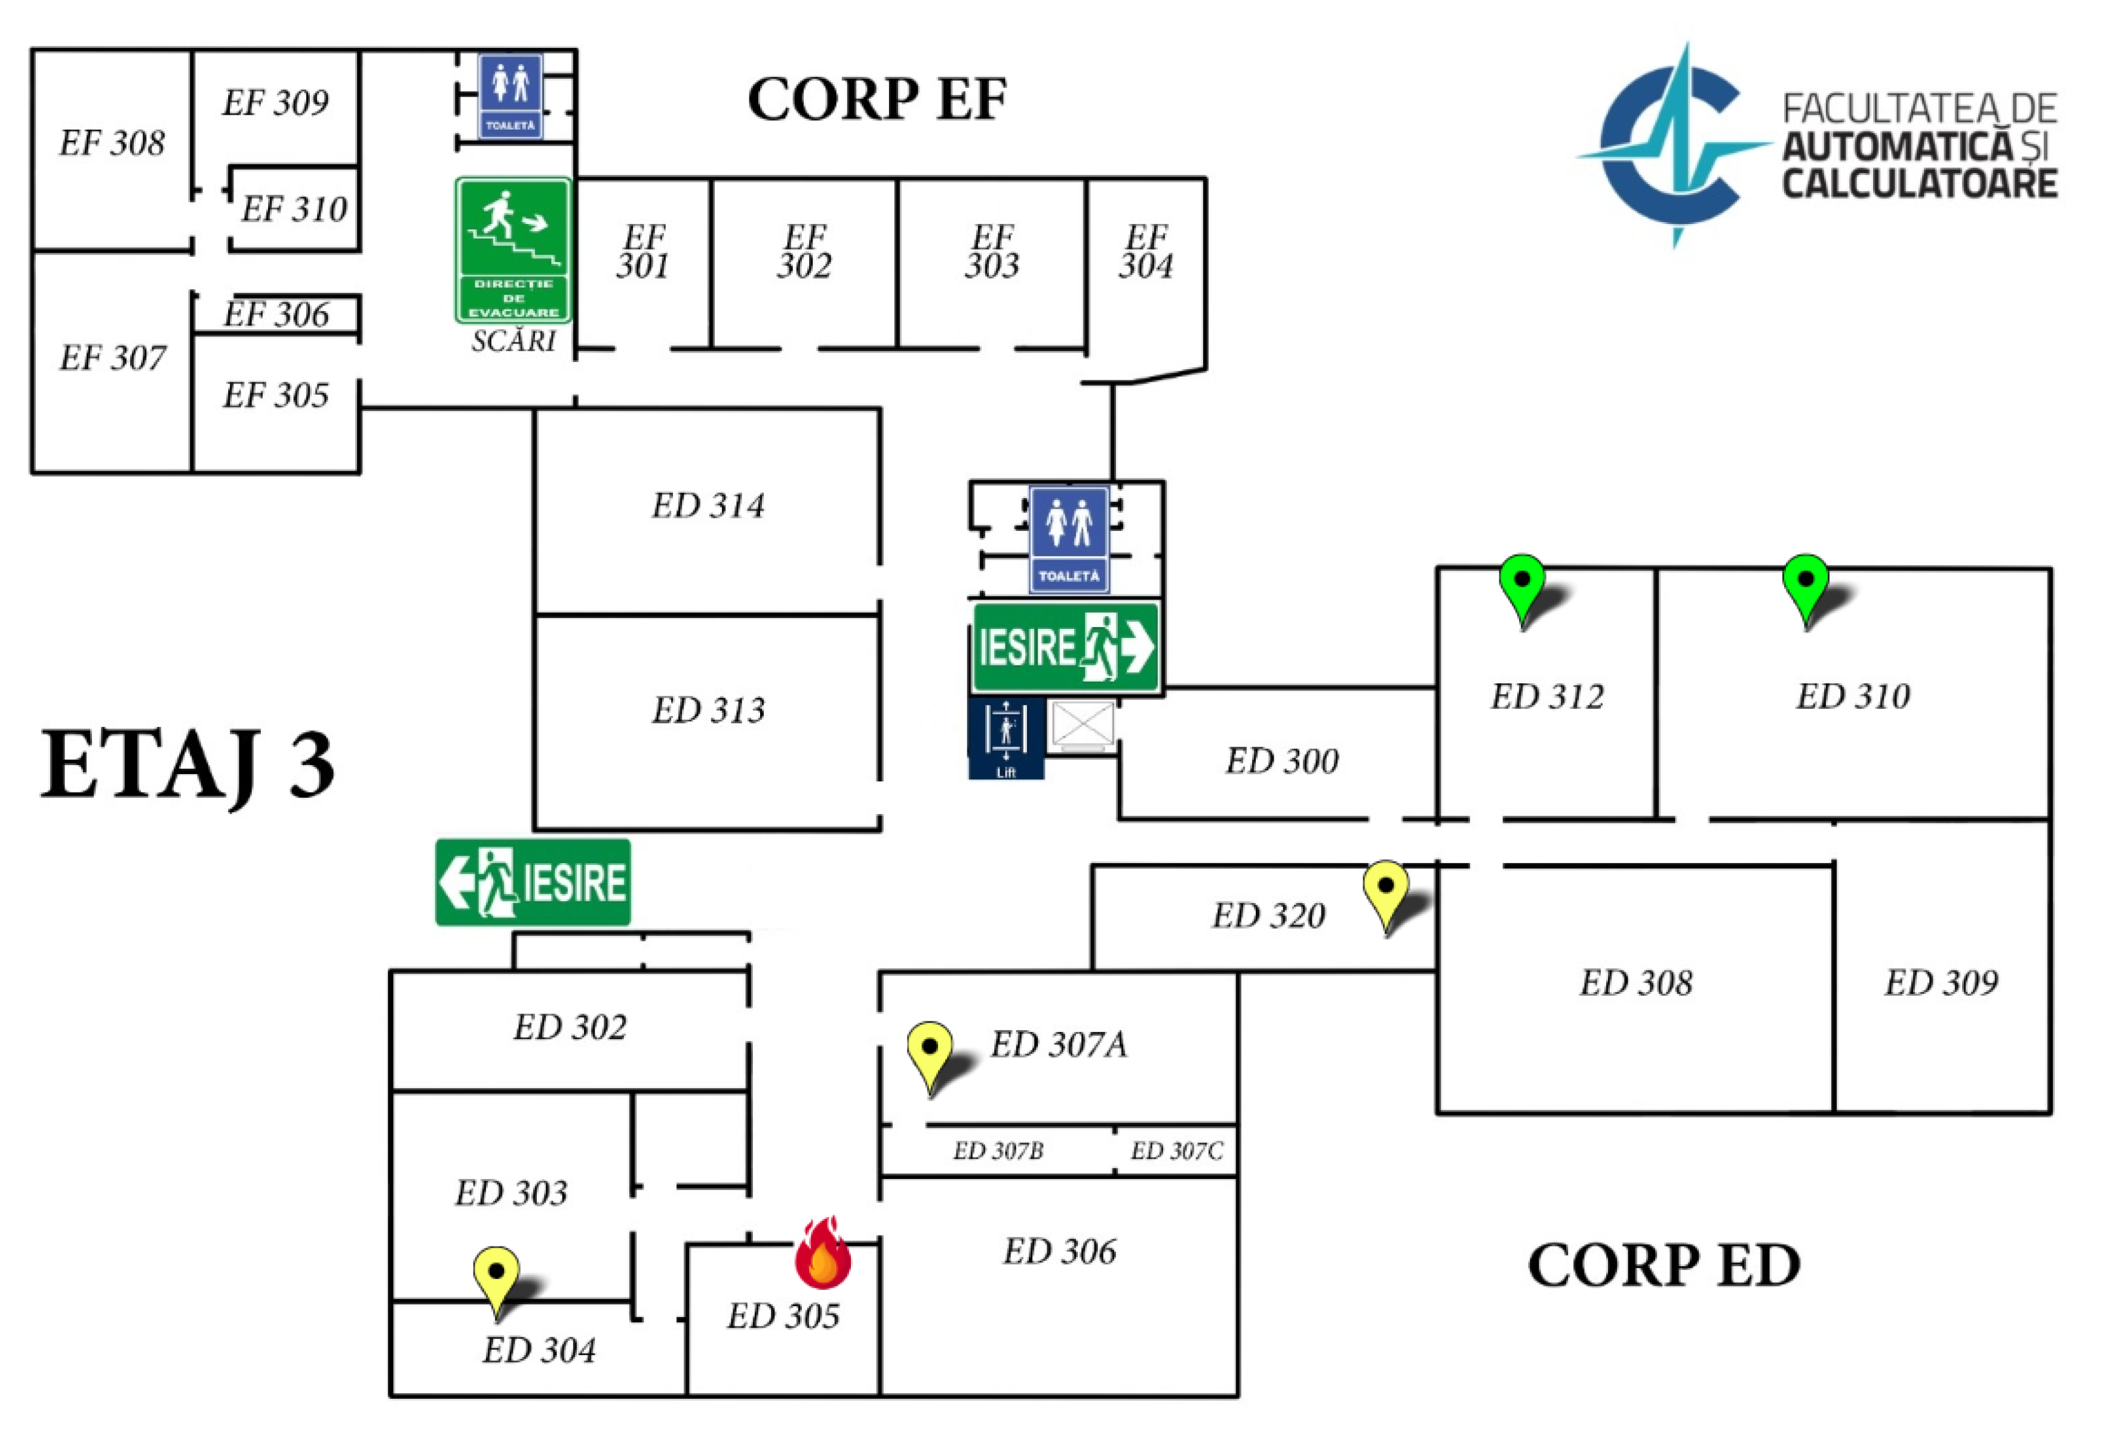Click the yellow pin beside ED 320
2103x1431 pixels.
coord(1385,892)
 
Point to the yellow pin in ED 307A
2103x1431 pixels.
coord(929,1054)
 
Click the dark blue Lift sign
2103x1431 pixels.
coord(1006,738)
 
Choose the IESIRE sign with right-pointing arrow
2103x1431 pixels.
coord(1065,648)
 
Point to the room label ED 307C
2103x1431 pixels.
coord(1176,1150)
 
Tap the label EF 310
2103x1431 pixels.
coord(294,209)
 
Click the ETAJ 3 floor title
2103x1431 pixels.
coord(187,765)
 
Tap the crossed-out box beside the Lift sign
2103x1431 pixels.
coord(1083,726)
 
